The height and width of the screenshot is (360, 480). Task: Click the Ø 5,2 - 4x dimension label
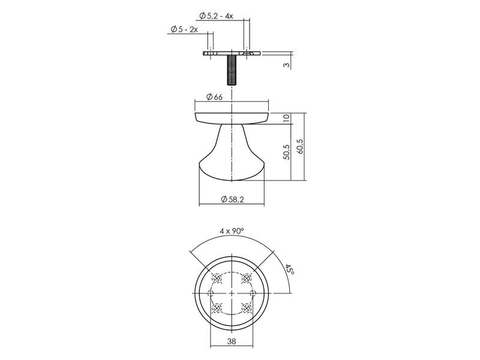coord(216,16)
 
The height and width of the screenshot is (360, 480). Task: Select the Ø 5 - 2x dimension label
coord(184,29)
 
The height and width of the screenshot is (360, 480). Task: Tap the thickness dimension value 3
coord(287,65)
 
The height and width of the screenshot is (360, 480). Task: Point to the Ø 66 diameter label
coord(214,97)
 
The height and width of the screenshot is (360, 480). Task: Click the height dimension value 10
coord(287,118)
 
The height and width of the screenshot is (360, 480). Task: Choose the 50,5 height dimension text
coord(287,152)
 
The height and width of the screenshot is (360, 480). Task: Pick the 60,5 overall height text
coord(299,146)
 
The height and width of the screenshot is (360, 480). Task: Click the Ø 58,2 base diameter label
coord(232,200)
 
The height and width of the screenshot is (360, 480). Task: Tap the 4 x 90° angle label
coord(232,231)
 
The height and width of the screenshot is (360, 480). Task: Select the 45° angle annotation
coord(290,269)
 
